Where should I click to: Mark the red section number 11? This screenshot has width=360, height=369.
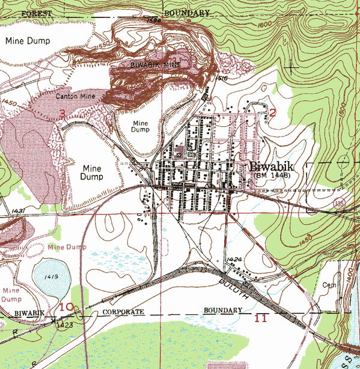[x=260, y=318]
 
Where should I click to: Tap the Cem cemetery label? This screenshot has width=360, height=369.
[x=329, y=285]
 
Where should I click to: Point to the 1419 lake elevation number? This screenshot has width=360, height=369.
[x=50, y=277]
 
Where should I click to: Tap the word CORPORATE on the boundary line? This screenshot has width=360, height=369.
[x=124, y=313]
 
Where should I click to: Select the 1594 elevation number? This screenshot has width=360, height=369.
[x=154, y=21]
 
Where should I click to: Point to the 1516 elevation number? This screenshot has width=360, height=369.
[x=205, y=78]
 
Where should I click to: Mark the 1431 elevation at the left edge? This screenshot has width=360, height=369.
[x=17, y=211]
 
